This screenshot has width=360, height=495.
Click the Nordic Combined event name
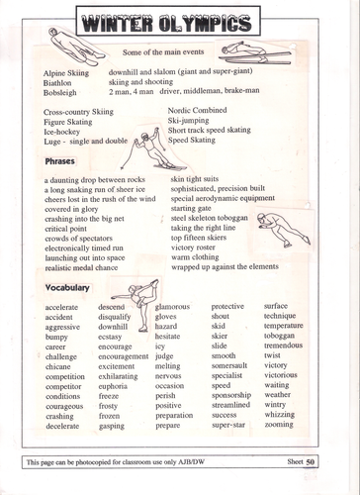pos(201,111)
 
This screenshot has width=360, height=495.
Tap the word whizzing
pos(282,415)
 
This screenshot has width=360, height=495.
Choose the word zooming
pos(281,425)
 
